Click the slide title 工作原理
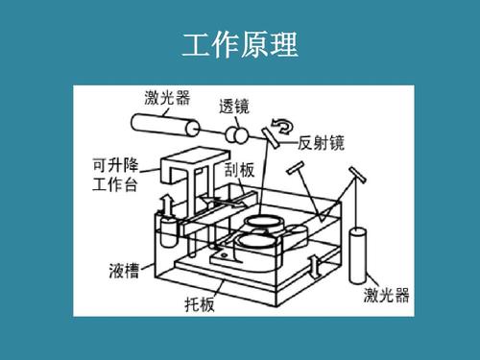tap(240, 44)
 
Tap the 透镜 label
tap(234, 107)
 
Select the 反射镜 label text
tap(321, 143)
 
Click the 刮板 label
tap(239, 170)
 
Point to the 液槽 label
tap(124, 271)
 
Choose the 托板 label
tap(200, 304)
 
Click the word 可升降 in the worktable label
tap(115, 165)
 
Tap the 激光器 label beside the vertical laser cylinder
tap(386, 295)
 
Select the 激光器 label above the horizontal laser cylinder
tap(167, 97)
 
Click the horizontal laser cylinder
tap(165, 125)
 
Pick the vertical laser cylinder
tap(357, 255)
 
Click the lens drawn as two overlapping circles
tap(237, 135)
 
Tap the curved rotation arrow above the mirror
tap(282, 126)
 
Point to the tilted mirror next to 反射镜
tap(271, 137)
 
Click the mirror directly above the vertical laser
tap(357, 175)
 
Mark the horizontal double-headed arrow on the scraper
tap(225, 203)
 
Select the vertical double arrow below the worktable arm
tap(167, 205)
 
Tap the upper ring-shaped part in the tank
tap(264, 222)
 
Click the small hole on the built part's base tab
tap(224, 255)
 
